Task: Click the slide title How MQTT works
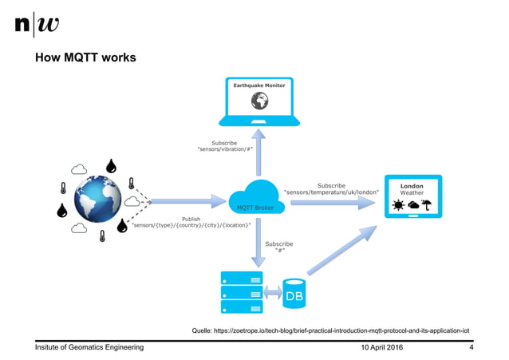click(85, 58)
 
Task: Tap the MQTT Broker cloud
click(255, 200)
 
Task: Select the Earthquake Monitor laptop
click(258, 104)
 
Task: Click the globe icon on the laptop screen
click(258, 101)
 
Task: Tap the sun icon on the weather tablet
click(397, 205)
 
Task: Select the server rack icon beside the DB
click(241, 292)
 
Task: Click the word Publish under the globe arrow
click(191, 218)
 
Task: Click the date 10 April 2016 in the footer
click(383, 348)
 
